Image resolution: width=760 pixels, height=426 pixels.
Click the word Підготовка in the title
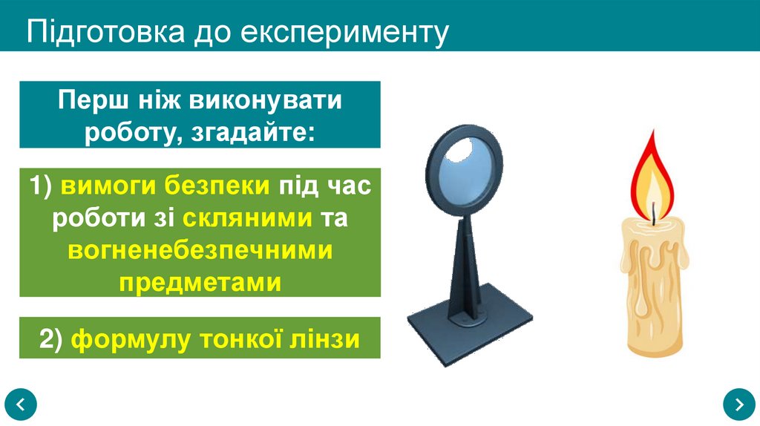coord(102,32)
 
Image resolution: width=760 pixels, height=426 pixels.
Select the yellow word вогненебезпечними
coord(200,251)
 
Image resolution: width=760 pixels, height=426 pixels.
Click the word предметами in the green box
coord(200,282)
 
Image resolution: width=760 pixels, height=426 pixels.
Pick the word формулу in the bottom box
coord(119,338)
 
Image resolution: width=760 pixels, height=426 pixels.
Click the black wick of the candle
coord(654,216)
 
